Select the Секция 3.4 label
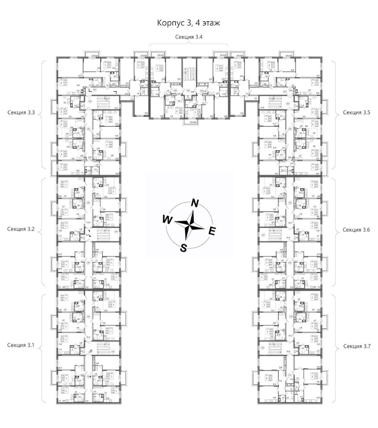tap(189, 37)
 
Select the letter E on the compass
tap(212, 230)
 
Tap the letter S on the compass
tap(183, 248)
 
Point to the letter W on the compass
tap(167, 220)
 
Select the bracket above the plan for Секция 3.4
tap(189, 45)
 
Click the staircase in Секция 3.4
tap(189, 71)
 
